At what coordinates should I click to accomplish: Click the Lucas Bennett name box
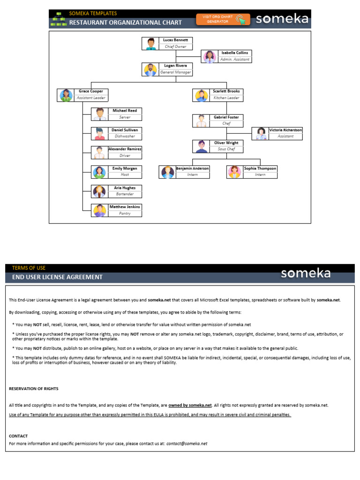(x=176, y=40)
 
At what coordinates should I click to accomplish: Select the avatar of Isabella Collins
(x=209, y=56)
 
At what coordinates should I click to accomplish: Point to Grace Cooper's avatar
(x=65, y=95)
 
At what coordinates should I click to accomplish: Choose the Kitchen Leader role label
(x=226, y=98)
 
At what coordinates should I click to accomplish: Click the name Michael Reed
(x=124, y=111)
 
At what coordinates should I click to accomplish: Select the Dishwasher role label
(x=125, y=136)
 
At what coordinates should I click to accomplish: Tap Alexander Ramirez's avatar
(x=99, y=152)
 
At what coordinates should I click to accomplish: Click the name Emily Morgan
(x=124, y=168)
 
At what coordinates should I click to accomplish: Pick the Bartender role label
(x=125, y=194)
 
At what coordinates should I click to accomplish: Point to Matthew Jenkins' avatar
(x=99, y=210)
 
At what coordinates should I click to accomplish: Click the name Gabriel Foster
(x=226, y=117)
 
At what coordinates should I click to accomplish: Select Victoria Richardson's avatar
(x=260, y=133)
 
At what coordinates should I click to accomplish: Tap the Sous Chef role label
(x=226, y=149)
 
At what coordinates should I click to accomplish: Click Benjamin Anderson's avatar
(x=167, y=172)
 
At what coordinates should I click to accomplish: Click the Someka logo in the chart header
(x=282, y=19)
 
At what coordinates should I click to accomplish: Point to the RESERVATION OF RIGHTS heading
(x=34, y=389)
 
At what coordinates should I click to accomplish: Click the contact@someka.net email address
(x=187, y=443)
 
